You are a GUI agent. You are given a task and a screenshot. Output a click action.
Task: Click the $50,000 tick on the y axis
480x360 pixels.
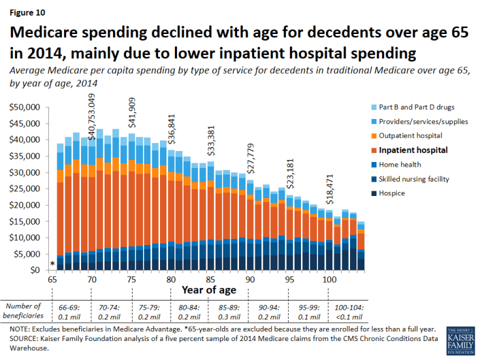click(23, 107)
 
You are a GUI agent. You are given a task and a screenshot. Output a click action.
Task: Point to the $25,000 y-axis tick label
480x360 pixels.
click(23, 189)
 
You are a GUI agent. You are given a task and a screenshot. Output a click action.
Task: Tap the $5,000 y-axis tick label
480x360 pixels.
click(25, 254)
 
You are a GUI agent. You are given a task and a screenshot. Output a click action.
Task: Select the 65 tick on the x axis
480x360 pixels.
click(52, 279)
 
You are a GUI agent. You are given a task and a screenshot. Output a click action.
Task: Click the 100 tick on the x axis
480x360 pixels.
click(330, 279)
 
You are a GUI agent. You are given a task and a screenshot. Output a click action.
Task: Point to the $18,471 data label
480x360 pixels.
click(329, 190)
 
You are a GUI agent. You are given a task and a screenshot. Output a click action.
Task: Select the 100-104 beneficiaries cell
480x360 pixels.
click(343, 310)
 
